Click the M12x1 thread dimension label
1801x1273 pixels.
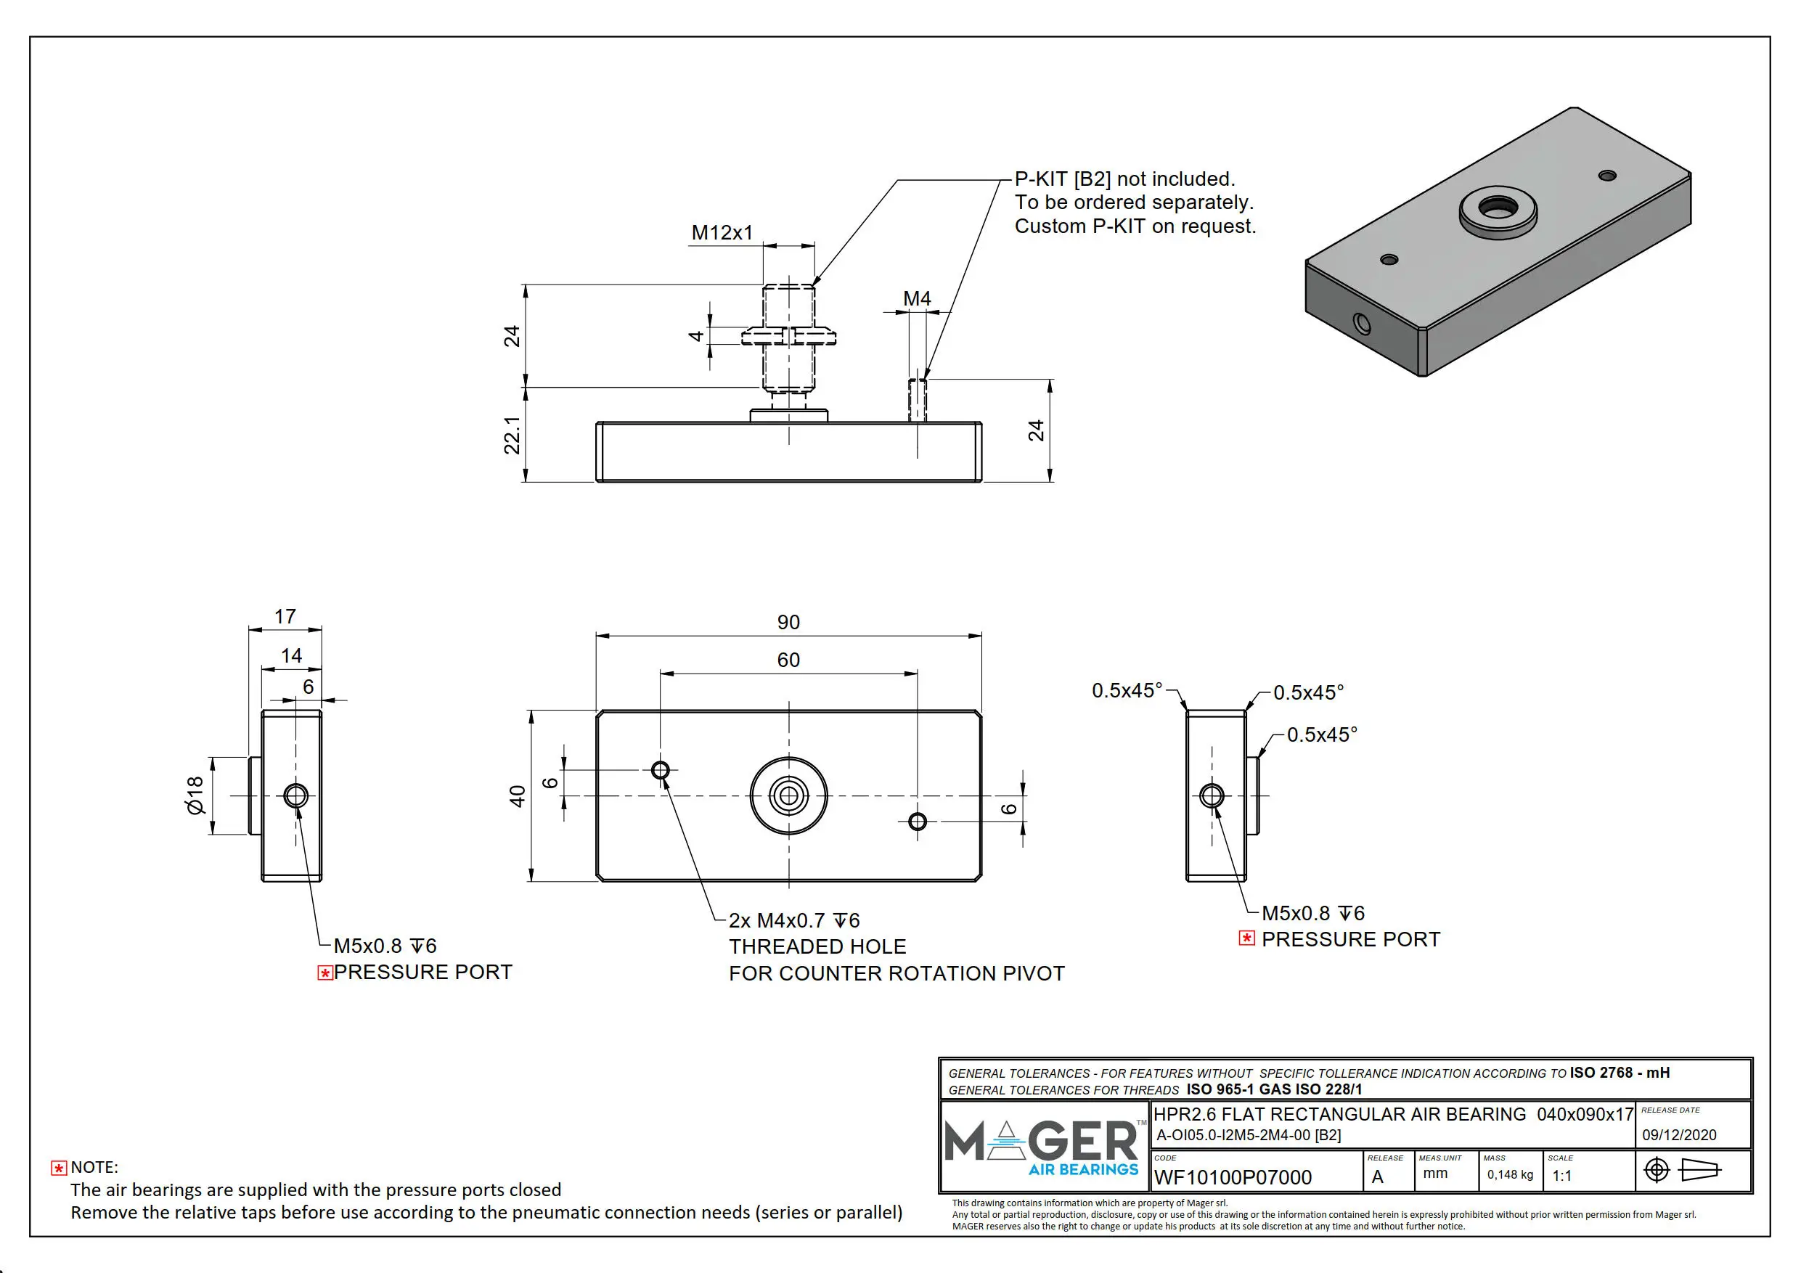722,233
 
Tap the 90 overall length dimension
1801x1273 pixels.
788,622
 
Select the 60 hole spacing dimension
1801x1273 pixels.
788,660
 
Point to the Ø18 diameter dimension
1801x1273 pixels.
195,795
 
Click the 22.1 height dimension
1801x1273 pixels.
512,435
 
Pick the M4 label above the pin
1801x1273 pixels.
916,299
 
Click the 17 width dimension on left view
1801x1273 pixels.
285,616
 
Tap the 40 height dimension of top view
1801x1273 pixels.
517,796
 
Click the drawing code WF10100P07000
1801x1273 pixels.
1233,1177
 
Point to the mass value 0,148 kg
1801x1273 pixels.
1510,1174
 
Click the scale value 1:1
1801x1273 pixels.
1561,1176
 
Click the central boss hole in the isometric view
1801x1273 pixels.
1498,208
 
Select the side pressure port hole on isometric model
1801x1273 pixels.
1363,323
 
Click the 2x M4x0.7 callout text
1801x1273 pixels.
794,920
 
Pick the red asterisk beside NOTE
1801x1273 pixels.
59,1168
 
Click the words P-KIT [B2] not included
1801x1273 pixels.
1124,179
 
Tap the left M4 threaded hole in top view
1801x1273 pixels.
661,770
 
